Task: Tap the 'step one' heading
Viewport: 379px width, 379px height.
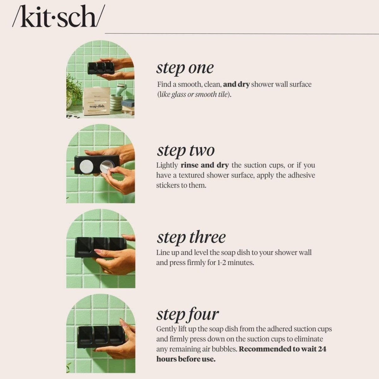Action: coord(185,68)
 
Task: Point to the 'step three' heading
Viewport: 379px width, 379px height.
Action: coord(191,237)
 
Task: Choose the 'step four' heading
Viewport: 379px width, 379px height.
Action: coord(188,314)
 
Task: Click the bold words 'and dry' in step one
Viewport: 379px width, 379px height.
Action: coord(236,84)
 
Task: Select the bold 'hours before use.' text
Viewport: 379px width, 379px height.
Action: coord(186,359)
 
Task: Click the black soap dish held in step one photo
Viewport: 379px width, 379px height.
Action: coord(101,68)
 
